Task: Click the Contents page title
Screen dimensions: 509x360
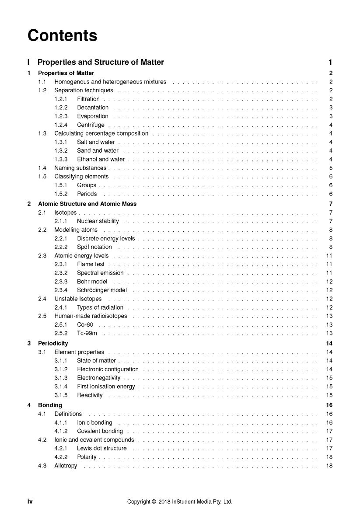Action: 62,35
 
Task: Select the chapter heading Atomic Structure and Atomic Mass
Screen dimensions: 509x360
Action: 87,204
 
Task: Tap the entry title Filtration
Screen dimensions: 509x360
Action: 88,99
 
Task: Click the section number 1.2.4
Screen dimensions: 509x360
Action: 61,125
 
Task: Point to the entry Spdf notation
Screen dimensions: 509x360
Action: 94,247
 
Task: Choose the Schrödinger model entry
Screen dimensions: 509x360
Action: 102,290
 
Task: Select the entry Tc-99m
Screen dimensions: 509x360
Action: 87,333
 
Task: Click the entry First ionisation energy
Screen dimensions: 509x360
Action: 106,387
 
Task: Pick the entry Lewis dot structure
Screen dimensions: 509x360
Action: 102,448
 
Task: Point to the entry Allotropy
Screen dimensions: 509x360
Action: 66,466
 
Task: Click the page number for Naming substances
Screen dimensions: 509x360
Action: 331,168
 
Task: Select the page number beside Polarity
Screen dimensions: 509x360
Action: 329,457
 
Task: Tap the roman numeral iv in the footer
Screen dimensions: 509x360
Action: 30,502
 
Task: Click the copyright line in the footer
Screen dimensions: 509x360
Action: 180,502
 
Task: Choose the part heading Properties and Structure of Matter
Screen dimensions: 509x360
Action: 101,63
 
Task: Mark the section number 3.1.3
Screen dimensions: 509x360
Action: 61,378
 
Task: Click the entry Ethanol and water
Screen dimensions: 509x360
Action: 101,159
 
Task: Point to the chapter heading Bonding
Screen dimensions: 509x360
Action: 50,405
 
